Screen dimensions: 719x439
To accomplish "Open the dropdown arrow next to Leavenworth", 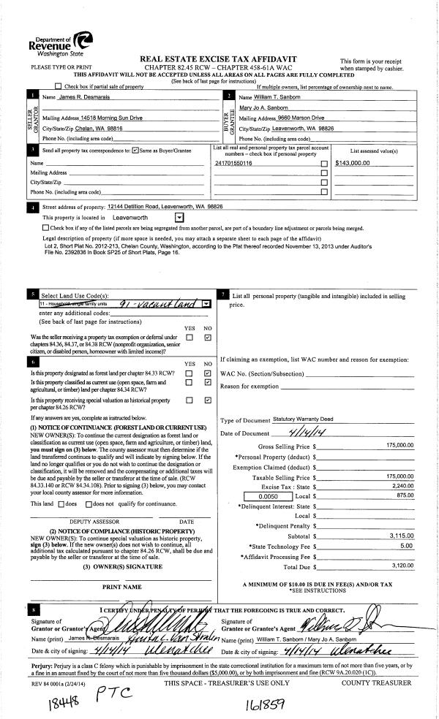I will [180, 217].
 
